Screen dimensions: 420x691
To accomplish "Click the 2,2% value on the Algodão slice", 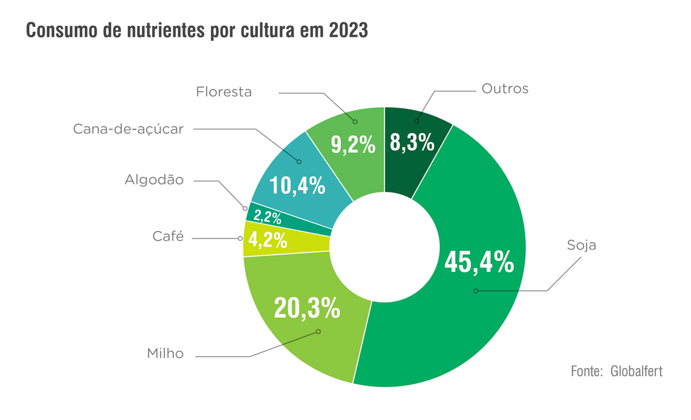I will click(x=268, y=218).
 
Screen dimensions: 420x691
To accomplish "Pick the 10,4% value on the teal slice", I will click(x=298, y=186).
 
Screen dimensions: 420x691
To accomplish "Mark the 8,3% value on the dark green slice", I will click(x=412, y=142).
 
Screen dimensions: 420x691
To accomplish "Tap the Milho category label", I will click(x=165, y=354).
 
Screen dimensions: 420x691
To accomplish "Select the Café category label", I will click(x=168, y=236).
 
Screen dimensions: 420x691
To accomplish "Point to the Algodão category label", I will click(x=154, y=180).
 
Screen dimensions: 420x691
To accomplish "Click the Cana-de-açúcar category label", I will click(x=128, y=129).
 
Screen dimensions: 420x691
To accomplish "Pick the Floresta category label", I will click(x=224, y=92).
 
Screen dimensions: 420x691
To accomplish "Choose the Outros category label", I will click(x=504, y=89).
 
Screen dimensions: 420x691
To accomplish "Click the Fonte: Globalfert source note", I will click(x=616, y=371).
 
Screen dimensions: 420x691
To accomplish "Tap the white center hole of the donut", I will click(x=385, y=247).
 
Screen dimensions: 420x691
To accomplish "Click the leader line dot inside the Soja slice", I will click(x=476, y=291).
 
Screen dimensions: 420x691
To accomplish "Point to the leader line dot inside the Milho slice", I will click(x=318, y=332).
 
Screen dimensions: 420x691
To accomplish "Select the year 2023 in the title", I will click(x=348, y=31).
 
